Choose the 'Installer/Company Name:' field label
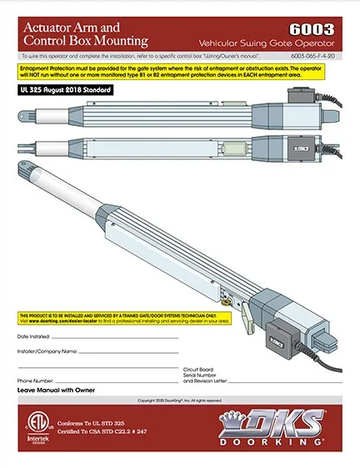pos(47,351)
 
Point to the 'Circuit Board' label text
pos(201,368)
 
